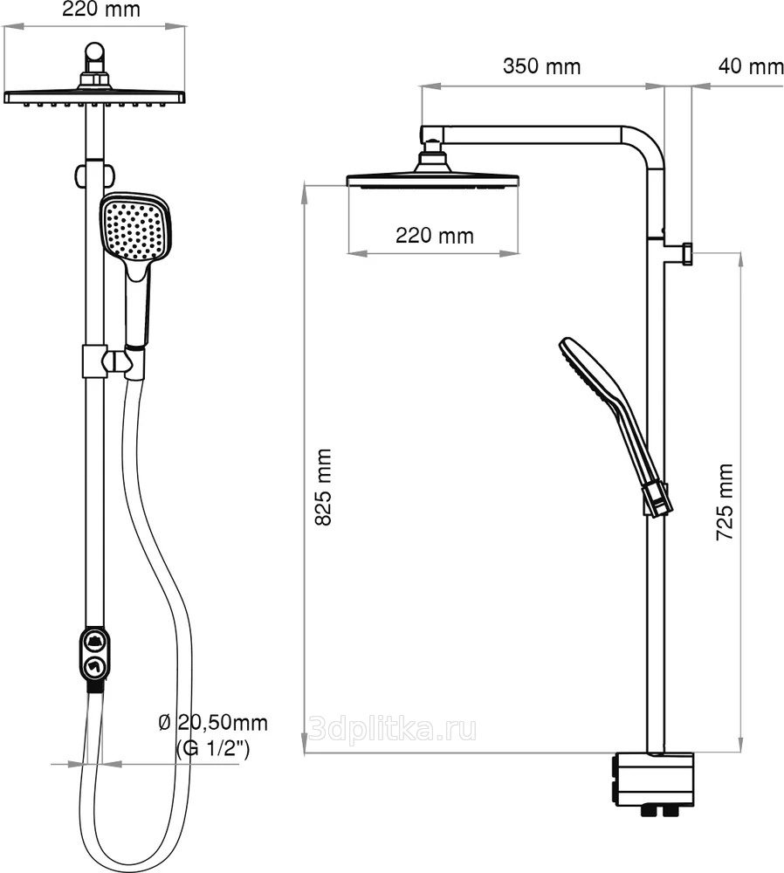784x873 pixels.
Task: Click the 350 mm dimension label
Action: (x=541, y=66)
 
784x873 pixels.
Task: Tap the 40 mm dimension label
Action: (x=751, y=66)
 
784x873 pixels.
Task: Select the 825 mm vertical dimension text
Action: (x=323, y=487)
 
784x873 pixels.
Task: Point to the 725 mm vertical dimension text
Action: (x=725, y=502)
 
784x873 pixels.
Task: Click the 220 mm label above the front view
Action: (x=100, y=9)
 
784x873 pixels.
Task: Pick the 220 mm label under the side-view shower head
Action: (x=434, y=236)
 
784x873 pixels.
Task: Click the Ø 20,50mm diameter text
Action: (x=213, y=723)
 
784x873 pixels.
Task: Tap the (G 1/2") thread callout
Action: (x=213, y=748)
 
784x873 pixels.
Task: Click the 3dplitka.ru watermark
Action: (x=392, y=729)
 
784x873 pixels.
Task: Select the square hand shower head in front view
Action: (x=134, y=228)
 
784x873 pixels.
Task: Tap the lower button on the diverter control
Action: (x=93, y=666)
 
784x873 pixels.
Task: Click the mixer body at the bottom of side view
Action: (x=654, y=780)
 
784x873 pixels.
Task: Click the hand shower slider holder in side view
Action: (x=657, y=498)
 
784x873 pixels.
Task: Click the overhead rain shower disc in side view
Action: (x=433, y=181)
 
